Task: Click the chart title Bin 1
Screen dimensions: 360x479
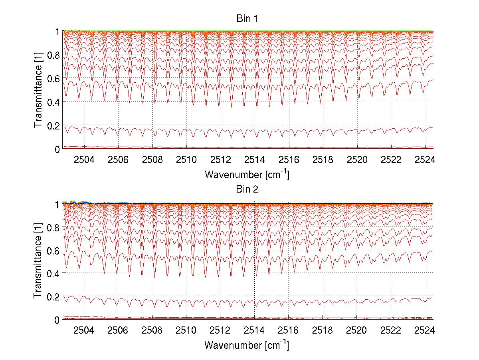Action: [247, 19]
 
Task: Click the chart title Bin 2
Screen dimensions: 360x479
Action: [247, 189]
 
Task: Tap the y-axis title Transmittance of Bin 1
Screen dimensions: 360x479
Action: [38, 90]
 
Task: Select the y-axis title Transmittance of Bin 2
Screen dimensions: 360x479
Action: [38, 261]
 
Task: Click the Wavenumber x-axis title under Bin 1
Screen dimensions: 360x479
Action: [247, 175]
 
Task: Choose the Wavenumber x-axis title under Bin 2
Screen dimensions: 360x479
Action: [247, 345]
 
